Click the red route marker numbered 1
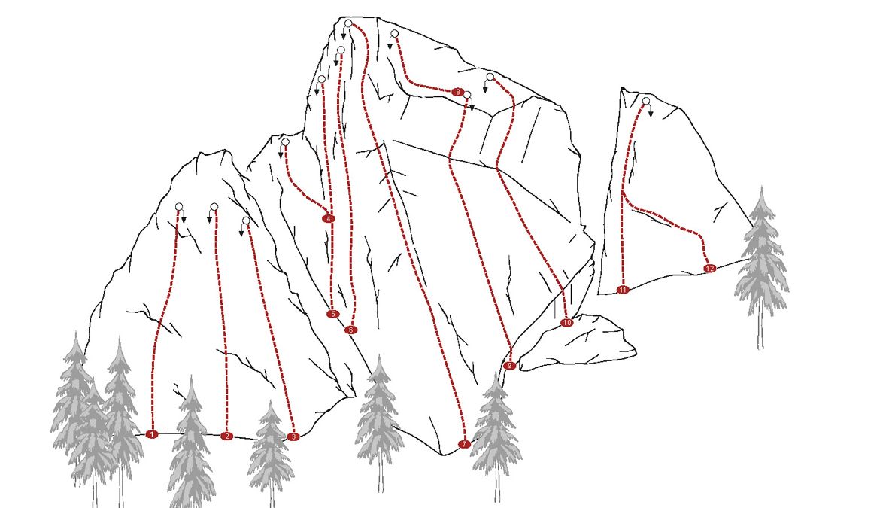(x=151, y=434)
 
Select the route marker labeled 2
(x=226, y=436)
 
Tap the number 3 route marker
(x=293, y=437)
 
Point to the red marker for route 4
(x=328, y=218)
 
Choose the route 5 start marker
(x=332, y=314)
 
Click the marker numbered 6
(x=350, y=330)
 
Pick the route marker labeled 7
(x=464, y=444)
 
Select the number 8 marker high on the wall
(x=457, y=92)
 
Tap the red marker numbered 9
(x=509, y=366)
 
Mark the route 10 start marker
(x=566, y=323)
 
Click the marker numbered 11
(x=623, y=290)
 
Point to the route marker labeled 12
(x=709, y=269)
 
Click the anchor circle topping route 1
(x=179, y=207)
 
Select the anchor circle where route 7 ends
(x=348, y=23)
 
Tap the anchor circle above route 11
(x=646, y=101)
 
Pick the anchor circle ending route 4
(x=285, y=141)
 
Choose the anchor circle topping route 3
(x=245, y=221)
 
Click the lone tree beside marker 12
(x=761, y=268)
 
